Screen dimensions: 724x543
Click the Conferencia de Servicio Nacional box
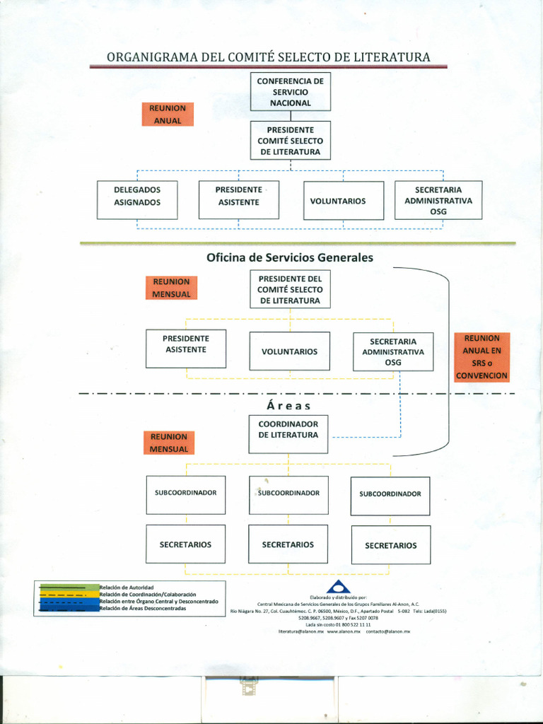click(290, 92)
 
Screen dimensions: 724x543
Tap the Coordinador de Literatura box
click(288, 433)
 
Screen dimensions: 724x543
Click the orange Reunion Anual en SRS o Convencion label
click(481, 357)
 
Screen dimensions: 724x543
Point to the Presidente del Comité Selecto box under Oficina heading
click(290, 290)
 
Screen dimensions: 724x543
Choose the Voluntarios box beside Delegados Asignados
click(343, 201)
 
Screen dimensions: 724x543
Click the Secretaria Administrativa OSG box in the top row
click(438, 200)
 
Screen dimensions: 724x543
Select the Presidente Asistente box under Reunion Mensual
click(186, 348)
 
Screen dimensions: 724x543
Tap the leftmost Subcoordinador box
click(186, 494)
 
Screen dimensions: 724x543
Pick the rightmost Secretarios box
click(391, 544)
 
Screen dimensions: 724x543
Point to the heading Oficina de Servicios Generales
click(289, 258)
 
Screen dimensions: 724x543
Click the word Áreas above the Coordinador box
click(288, 406)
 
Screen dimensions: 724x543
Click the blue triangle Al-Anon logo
click(338, 586)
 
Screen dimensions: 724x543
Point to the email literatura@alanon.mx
click(300, 631)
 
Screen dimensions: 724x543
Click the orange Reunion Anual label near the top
click(168, 115)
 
